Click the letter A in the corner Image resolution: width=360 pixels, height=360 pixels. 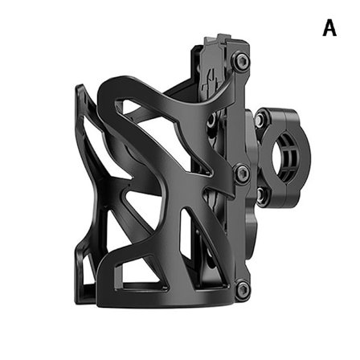click(329, 28)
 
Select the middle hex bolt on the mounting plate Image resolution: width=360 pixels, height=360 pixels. click(239, 170)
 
